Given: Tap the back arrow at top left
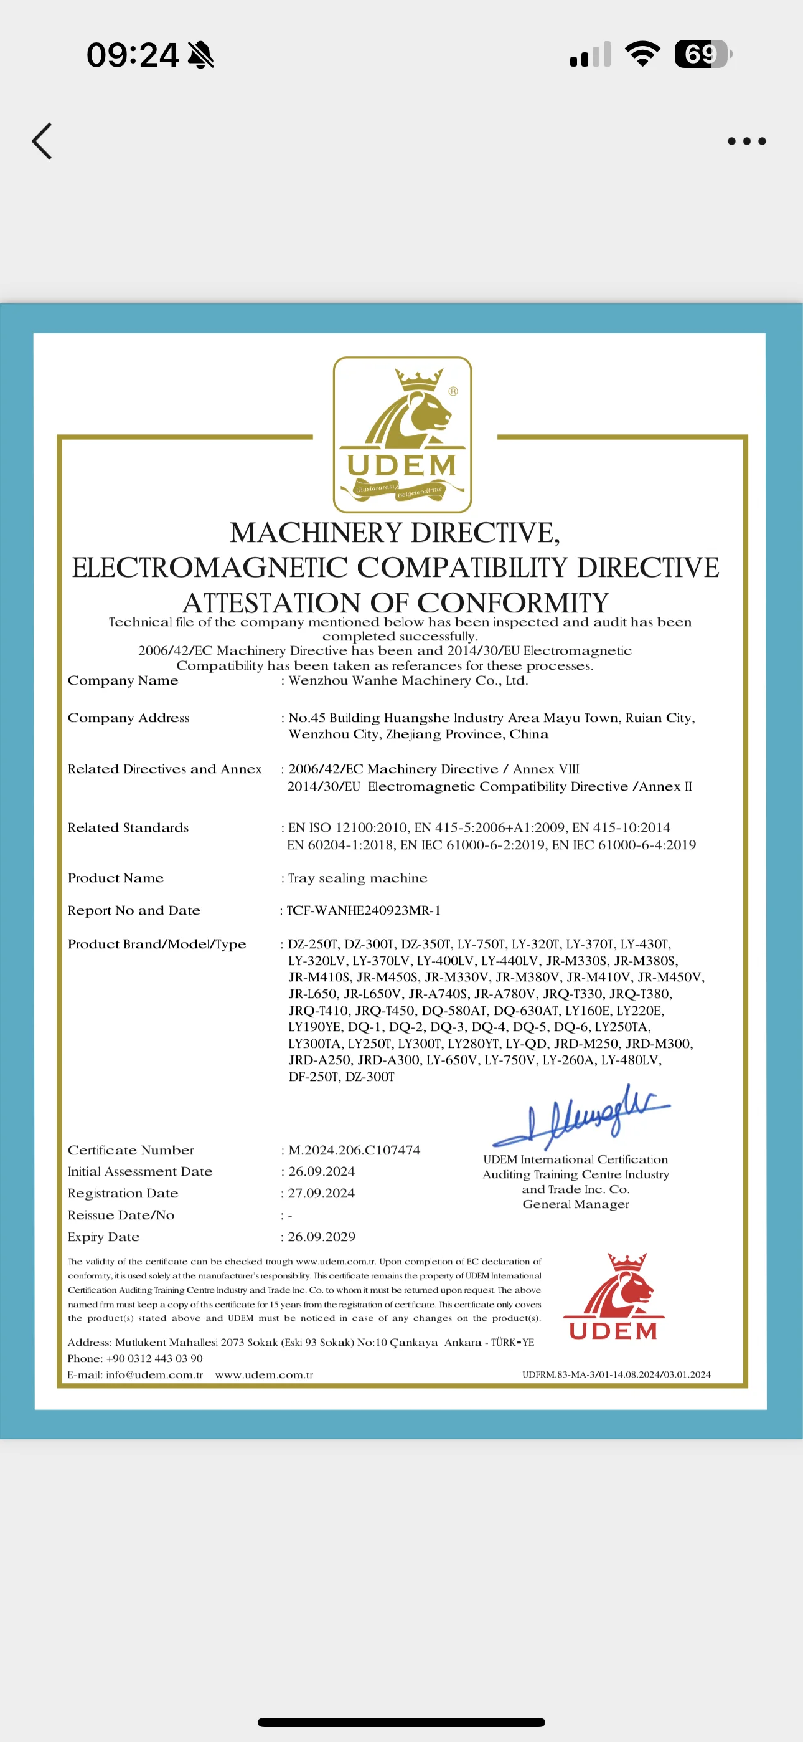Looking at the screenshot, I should [x=42, y=141].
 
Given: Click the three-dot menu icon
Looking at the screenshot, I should [x=746, y=141].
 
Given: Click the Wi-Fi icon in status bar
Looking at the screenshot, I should [x=642, y=54].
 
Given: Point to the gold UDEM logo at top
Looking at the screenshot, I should [x=402, y=435].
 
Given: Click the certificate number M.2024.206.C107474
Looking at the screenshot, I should [x=354, y=1149].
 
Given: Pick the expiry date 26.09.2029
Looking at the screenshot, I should [x=322, y=1236].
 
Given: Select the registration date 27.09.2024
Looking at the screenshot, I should [x=322, y=1193].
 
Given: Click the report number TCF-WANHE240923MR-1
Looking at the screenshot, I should [x=364, y=910].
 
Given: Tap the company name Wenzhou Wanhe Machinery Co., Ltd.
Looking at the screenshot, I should [x=408, y=680].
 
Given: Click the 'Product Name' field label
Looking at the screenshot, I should [x=116, y=878].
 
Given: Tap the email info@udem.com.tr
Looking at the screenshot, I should [x=154, y=1374].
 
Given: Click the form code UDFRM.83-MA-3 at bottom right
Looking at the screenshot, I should [x=616, y=1374].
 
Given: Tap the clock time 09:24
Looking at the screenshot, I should [x=133, y=55].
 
